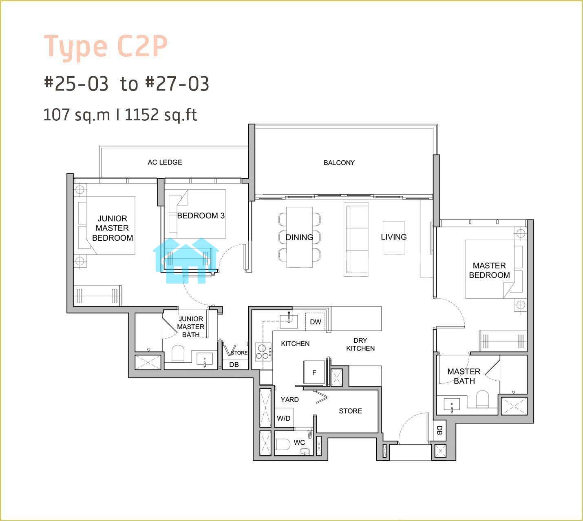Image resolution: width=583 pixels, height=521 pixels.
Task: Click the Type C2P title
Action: (105, 47)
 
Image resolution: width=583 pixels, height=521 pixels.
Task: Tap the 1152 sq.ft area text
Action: (161, 115)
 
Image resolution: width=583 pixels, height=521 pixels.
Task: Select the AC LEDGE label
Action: (165, 162)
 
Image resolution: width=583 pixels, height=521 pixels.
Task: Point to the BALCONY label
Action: (339, 163)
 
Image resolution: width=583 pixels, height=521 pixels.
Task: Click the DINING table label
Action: (299, 237)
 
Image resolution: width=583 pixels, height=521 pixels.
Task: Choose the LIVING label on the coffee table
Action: (394, 237)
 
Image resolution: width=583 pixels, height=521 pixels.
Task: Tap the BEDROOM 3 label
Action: (201, 216)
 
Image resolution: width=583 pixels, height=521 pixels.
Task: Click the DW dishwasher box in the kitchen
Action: (316, 322)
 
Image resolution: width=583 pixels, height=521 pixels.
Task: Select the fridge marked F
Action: (314, 372)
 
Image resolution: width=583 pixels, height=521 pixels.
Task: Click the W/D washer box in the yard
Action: (284, 418)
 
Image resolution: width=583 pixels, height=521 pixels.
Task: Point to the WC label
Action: (299, 442)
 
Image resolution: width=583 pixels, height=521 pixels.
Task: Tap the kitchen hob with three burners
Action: (263, 352)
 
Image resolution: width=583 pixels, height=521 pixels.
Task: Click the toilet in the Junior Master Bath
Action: (178, 354)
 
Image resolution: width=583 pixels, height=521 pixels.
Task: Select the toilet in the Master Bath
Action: (483, 399)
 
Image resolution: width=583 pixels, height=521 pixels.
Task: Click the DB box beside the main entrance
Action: (439, 430)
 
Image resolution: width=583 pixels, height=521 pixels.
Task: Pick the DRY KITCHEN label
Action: (360, 344)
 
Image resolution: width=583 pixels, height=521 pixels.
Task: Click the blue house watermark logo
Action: (185, 261)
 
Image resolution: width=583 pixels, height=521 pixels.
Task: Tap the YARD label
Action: (289, 399)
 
